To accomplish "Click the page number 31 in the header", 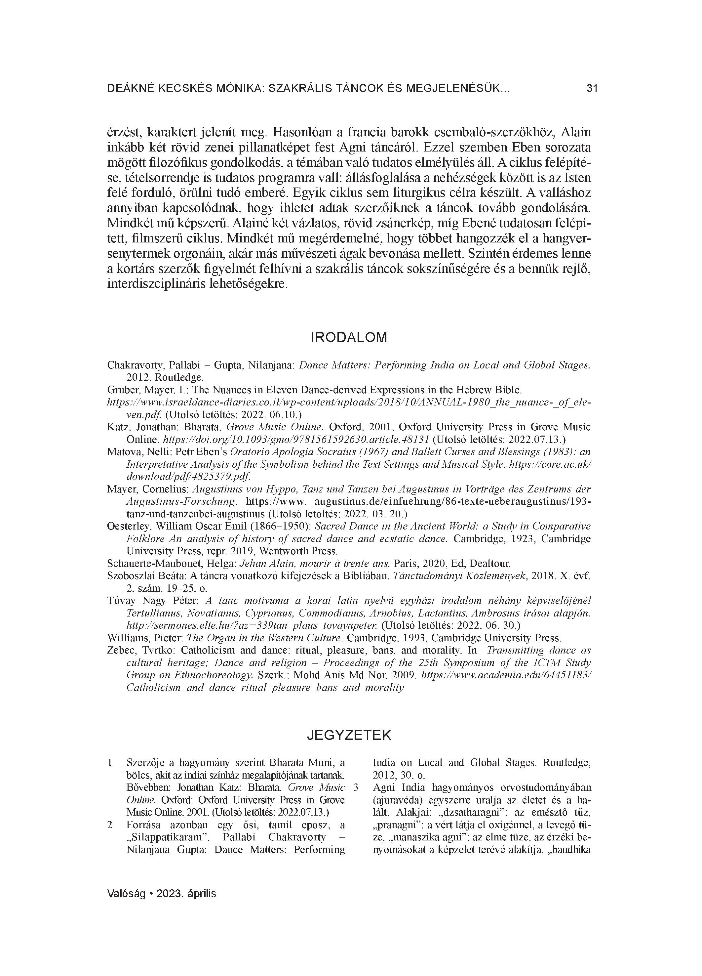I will click(x=592, y=89).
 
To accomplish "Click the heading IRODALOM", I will click(x=349, y=337).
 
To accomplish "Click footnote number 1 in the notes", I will click(x=110, y=763).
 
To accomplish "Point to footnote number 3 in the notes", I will click(x=356, y=788).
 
